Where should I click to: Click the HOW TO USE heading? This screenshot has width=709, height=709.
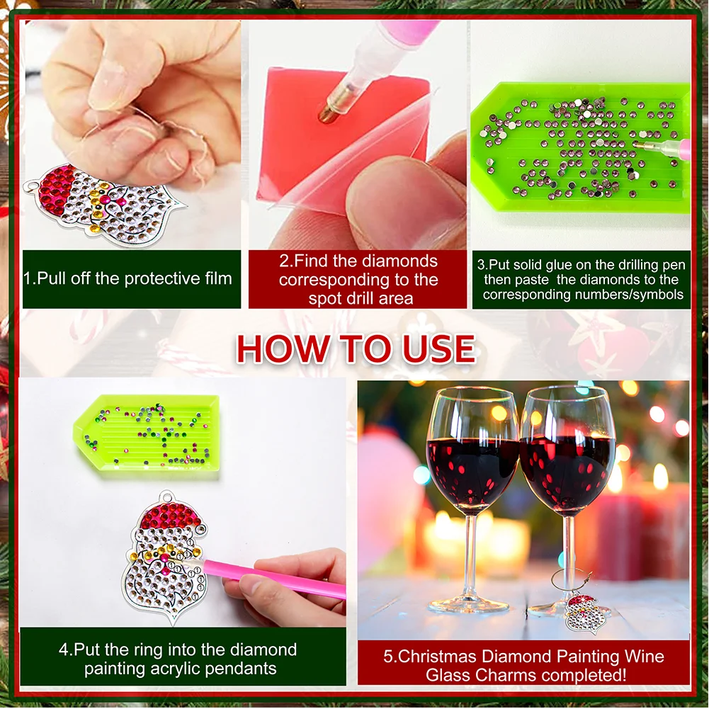(x=355, y=348)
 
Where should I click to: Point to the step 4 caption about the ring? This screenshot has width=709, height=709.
(x=178, y=659)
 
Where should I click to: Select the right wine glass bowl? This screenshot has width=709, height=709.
(x=567, y=460)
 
